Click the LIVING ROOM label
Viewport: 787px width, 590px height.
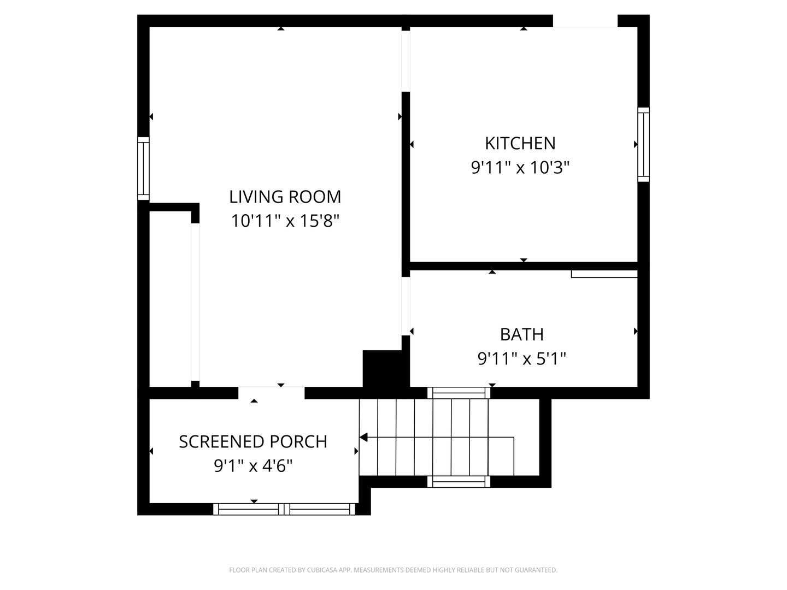285,197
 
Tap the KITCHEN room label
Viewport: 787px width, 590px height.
520,143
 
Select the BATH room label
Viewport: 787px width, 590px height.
522,334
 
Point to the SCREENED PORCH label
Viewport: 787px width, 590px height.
253,442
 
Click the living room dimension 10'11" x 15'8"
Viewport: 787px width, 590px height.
285,221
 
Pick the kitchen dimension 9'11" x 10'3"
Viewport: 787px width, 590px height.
520,167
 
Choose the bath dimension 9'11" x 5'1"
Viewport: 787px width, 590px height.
522,358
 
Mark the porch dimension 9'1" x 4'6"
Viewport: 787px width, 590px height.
253,466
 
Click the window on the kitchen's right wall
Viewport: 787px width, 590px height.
644,144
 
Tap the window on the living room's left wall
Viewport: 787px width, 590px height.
143,168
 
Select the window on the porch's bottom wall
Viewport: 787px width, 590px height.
284,509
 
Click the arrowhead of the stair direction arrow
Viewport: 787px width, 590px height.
363,438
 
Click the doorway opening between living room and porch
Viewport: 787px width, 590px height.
272,393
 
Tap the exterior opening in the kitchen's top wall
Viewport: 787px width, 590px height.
585,21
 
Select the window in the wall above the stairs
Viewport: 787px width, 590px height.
459,393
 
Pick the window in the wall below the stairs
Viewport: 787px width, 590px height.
459,482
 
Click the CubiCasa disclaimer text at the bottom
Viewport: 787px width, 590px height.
393,570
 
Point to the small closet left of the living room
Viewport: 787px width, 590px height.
170,299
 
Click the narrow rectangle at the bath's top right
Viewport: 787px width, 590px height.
604,274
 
